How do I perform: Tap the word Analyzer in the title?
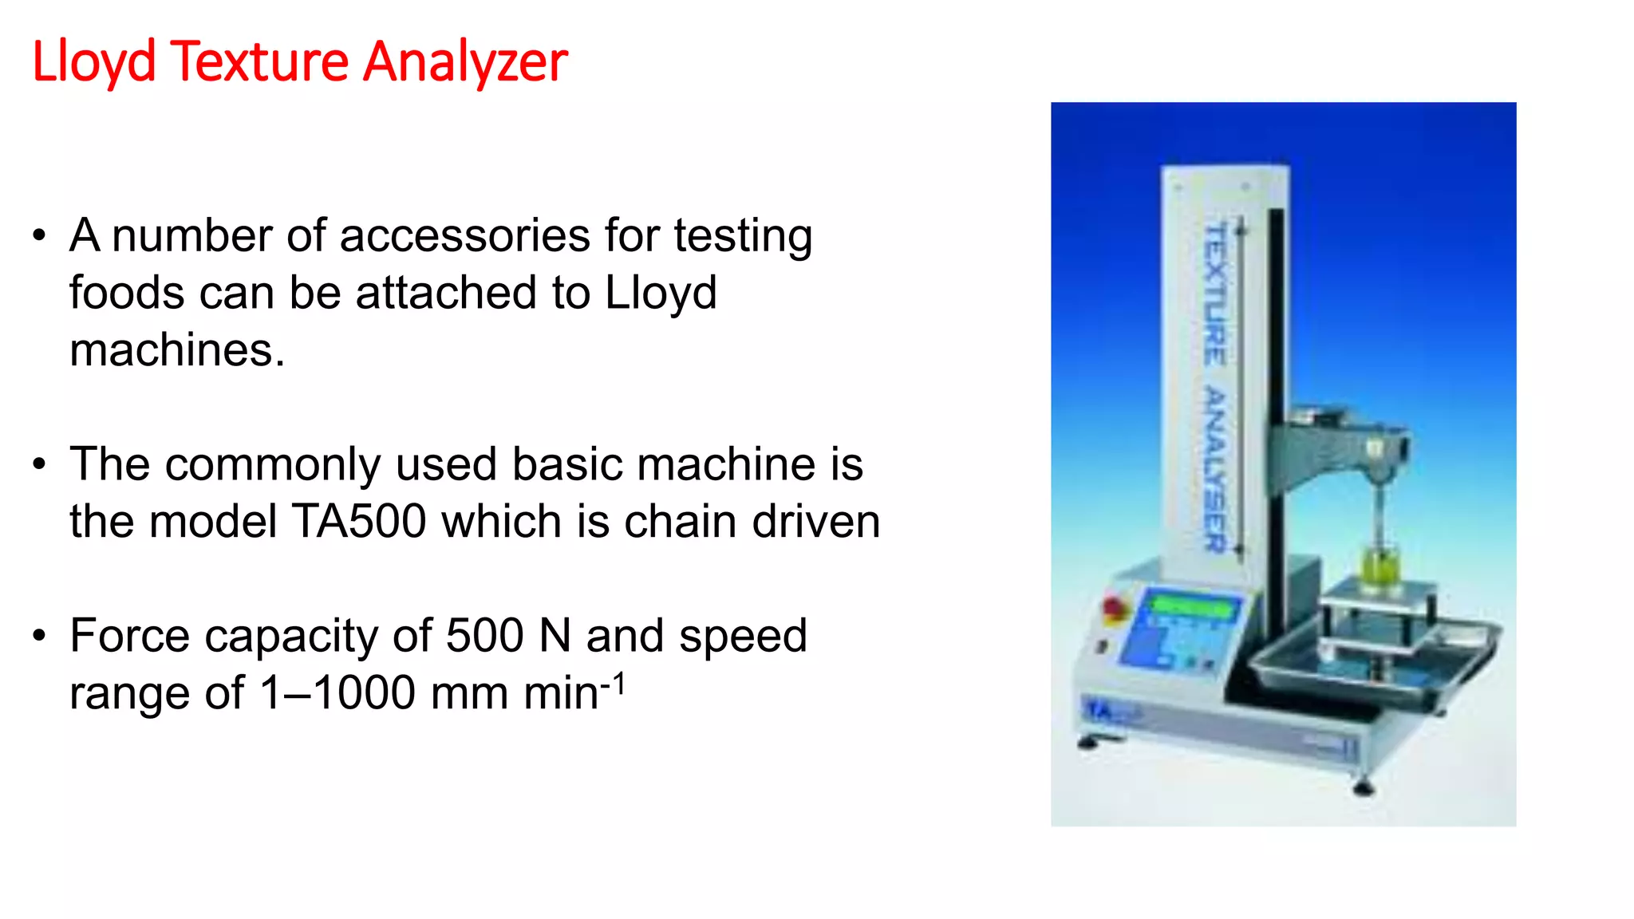tap(465, 61)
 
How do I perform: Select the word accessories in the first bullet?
tap(464, 236)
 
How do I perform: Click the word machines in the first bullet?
tap(176, 350)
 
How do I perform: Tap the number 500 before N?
tap(484, 636)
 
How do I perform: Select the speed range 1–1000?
tap(338, 692)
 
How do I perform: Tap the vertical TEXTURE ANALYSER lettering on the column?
tap(1214, 387)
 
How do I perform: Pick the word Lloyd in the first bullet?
tap(661, 294)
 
